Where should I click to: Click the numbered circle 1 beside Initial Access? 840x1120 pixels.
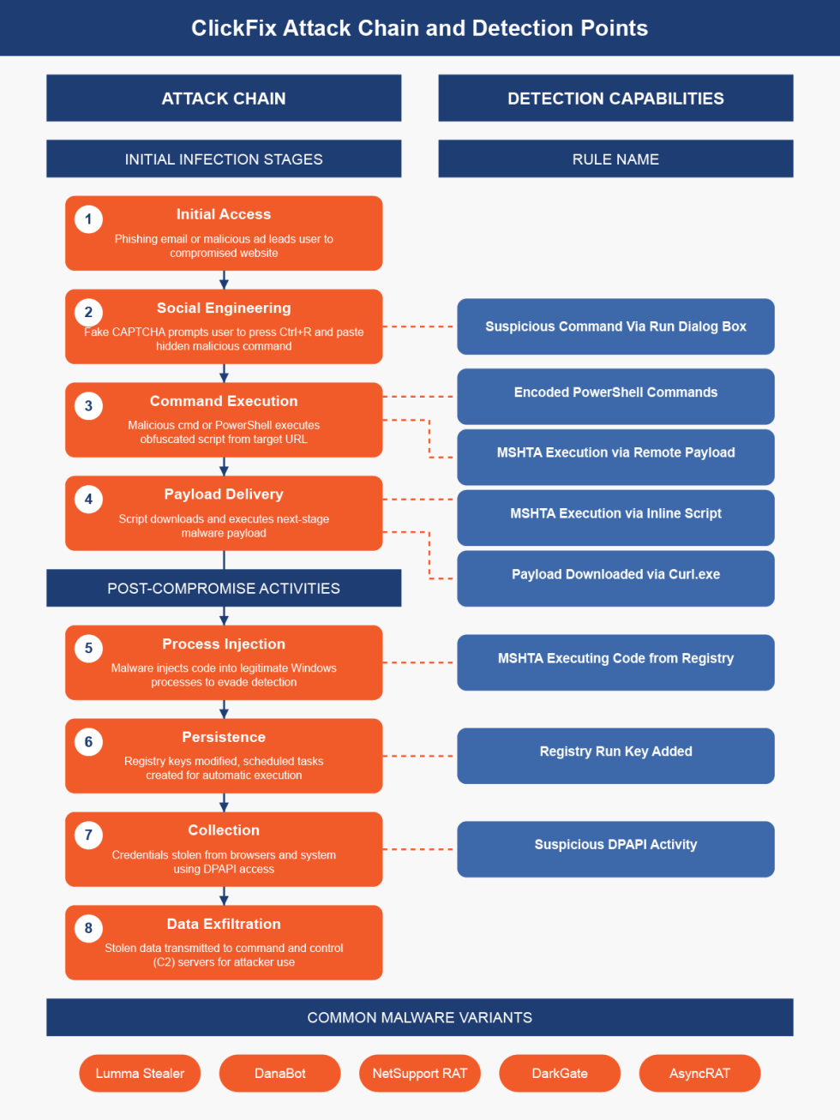[88, 219]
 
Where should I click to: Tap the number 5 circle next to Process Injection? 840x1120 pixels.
[88, 649]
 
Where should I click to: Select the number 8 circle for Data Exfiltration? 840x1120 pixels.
[88, 928]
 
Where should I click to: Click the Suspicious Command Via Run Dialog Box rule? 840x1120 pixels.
[615, 326]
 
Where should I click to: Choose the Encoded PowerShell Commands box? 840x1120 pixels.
[615, 395]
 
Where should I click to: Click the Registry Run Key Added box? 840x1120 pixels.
[615, 755]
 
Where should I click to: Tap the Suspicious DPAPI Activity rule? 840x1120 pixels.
[615, 848]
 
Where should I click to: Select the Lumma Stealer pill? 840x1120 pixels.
[140, 1073]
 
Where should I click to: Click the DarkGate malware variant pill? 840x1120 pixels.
[560, 1073]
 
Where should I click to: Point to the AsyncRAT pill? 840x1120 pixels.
[699, 1073]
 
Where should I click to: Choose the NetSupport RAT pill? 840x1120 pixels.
[420, 1073]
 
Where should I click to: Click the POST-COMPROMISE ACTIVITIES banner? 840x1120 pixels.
[224, 588]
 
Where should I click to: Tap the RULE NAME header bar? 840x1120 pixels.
[615, 159]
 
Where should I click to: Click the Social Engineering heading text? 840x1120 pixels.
[224, 308]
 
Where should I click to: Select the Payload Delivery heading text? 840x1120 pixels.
[224, 494]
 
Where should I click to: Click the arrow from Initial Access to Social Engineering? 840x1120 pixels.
[224, 280]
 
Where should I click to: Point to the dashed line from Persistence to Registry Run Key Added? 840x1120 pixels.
[419, 756]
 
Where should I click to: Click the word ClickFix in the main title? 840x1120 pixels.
[234, 28]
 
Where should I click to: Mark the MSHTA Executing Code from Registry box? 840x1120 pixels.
[615, 662]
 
